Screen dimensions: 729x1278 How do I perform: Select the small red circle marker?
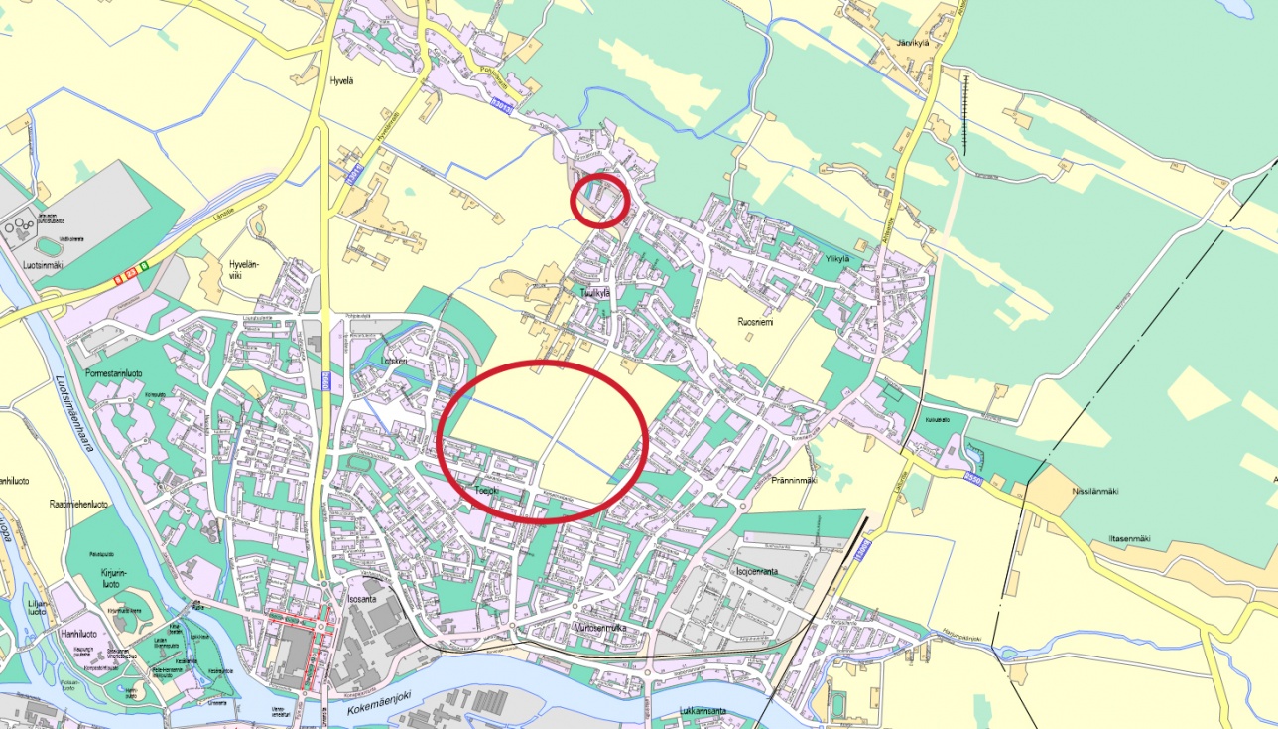click(x=601, y=200)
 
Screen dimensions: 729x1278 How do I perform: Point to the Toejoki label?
click(x=485, y=490)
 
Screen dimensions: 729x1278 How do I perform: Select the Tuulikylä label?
click(x=597, y=292)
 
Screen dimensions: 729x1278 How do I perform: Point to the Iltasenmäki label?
click(x=1129, y=538)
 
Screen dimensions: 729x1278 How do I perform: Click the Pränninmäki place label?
click(x=793, y=481)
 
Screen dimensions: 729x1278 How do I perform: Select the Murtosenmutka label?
click(x=606, y=627)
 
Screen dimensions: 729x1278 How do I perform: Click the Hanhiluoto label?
click(x=80, y=632)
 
